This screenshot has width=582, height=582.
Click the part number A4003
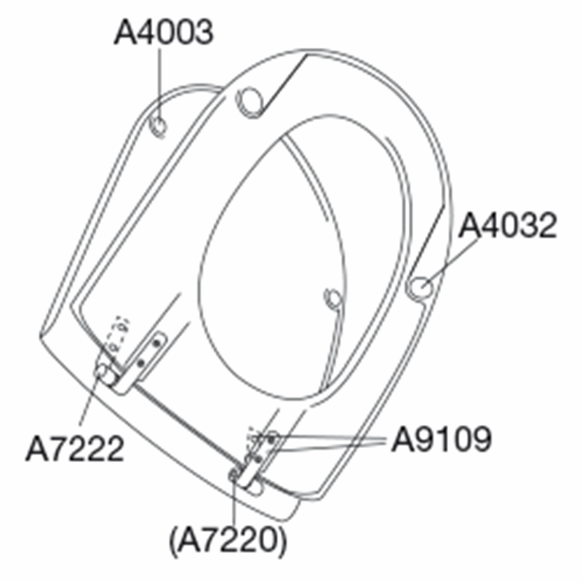[x=164, y=32]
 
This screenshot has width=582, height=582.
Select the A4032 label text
[x=507, y=226]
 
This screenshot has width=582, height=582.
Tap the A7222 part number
[x=75, y=448]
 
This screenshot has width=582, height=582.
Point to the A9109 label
[x=442, y=439]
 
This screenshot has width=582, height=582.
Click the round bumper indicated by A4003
[x=159, y=126]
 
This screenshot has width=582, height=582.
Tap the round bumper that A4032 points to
[x=420, y=287]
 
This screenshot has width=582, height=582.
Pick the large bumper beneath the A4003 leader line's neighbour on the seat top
[x=250, y=103]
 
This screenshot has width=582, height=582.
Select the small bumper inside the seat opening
[x=332, y=299]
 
